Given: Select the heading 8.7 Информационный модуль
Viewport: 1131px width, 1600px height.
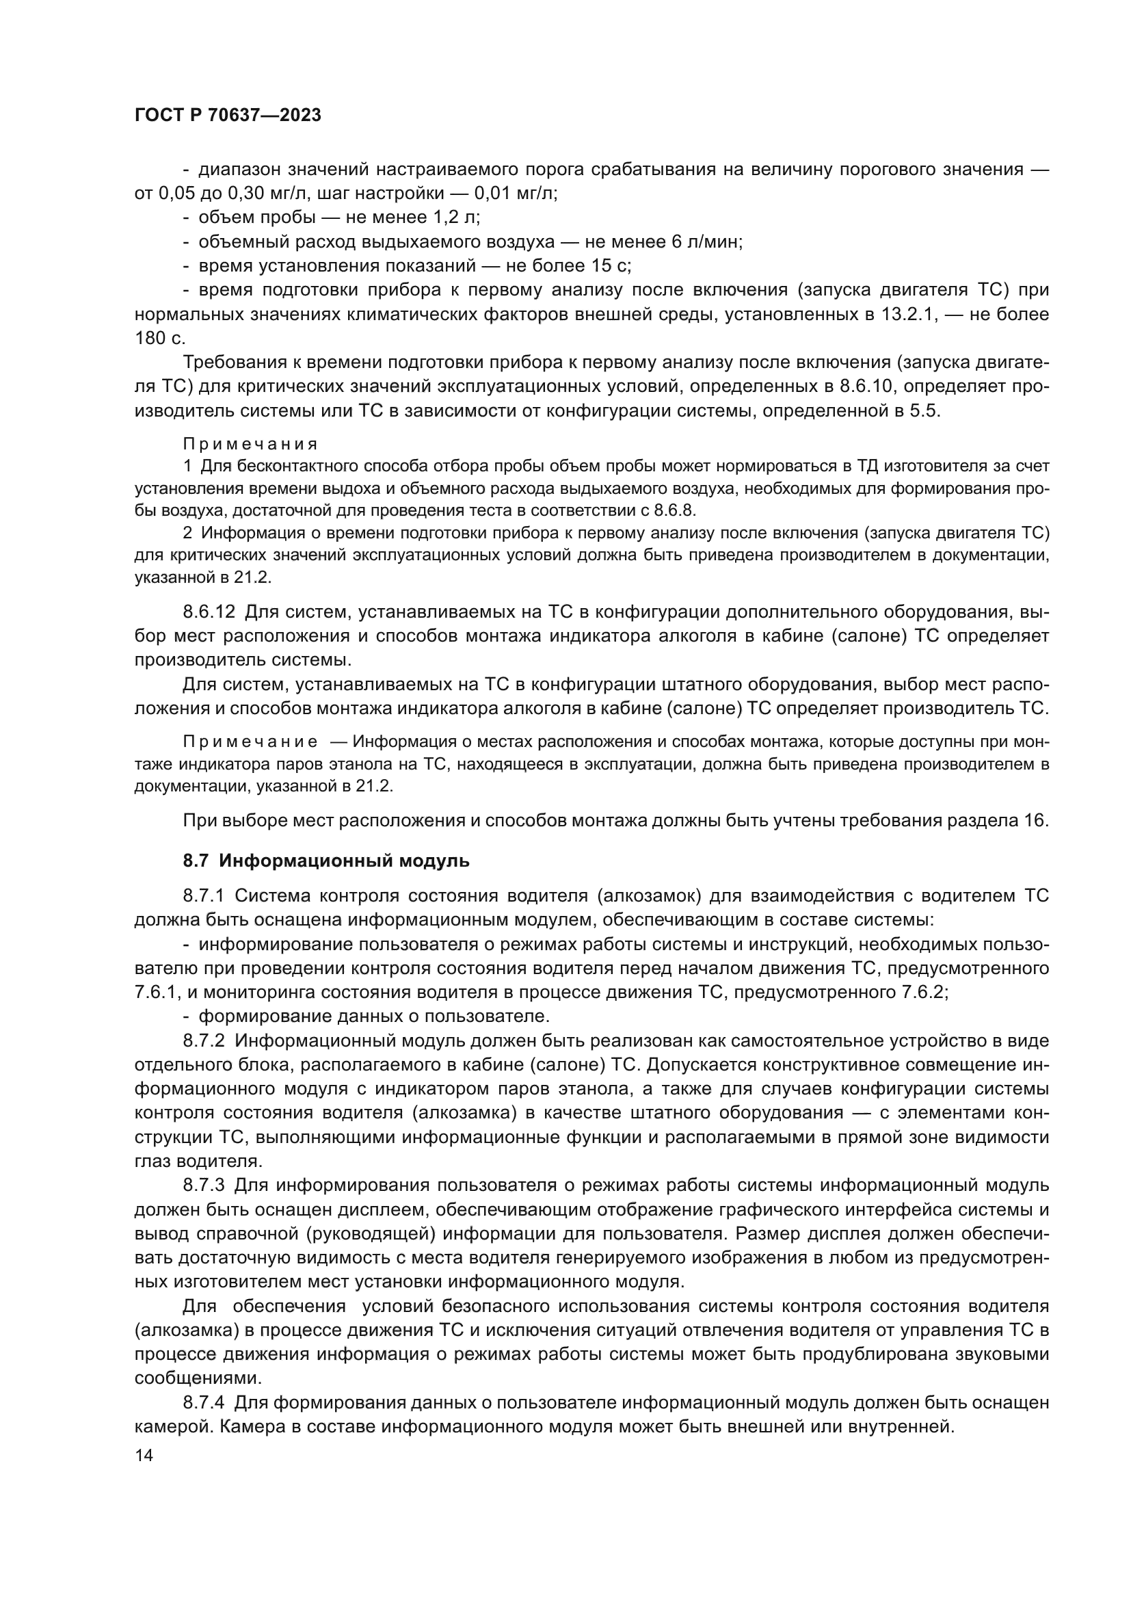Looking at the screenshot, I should point(326,861).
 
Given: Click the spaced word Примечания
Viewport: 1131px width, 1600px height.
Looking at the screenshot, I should point(250,444).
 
